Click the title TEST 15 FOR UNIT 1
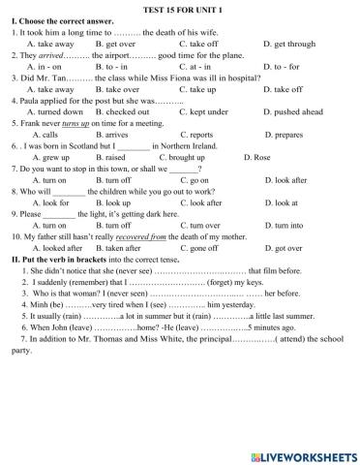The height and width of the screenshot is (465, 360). (179, 9)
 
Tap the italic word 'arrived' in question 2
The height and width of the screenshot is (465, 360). (55, 56)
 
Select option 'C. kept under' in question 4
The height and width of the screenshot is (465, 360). (203, 112)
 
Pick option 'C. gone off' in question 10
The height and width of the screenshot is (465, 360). (202, 248)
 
